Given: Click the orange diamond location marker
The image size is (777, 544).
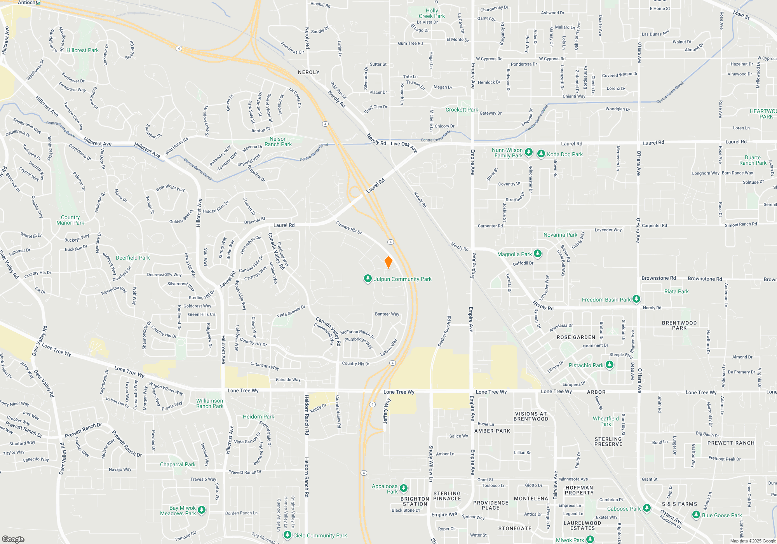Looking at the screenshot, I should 388,262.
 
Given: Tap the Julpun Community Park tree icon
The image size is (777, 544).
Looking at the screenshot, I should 368,279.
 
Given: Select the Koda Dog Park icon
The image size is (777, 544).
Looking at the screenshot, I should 541,154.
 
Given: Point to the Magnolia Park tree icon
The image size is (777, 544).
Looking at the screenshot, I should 538,254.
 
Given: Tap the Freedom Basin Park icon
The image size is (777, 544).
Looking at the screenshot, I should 636,299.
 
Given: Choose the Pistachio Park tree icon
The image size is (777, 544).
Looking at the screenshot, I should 610,365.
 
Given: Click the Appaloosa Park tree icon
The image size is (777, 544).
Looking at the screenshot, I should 404,488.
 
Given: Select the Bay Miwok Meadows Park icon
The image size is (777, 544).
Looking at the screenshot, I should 202,510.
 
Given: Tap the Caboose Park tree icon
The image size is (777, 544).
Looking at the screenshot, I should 647,508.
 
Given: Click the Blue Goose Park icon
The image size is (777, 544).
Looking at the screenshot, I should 696,515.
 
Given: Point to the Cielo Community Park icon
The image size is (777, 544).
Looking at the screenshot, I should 287,535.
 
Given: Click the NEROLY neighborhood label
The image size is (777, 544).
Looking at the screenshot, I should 309,72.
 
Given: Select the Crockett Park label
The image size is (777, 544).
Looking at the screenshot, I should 462,110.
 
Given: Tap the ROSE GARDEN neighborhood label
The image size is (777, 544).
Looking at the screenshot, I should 576,337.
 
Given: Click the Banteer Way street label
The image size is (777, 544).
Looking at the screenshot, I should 387,314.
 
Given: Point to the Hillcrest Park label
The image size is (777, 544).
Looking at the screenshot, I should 82,50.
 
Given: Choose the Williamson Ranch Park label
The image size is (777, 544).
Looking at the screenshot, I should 210,403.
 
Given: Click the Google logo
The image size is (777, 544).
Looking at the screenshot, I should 13,539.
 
